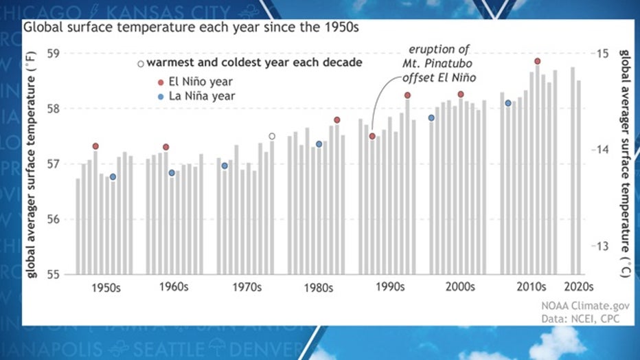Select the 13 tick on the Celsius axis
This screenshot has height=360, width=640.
(x=603, y=247)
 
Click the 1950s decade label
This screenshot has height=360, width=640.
(x=106, y=287)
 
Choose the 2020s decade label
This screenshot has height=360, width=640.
(x=579, y=286)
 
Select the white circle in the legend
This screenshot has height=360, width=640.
(x=141, y=64)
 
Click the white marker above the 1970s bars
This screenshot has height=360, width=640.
(x=272, y=136)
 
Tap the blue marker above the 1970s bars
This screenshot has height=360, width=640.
(x=225, y=166)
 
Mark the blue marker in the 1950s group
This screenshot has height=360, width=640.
(x=113, y=177)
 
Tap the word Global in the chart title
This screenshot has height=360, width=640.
(x=41, y=28)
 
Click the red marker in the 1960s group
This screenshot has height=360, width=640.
(x=166, y=147)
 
